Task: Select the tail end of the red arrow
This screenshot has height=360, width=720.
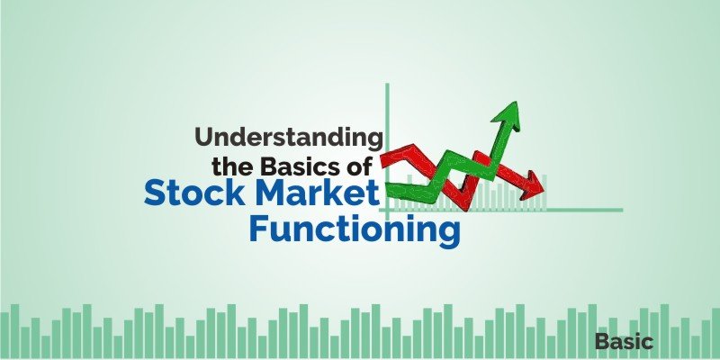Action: [387, 158]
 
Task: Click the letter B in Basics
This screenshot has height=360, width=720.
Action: [271, 166]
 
